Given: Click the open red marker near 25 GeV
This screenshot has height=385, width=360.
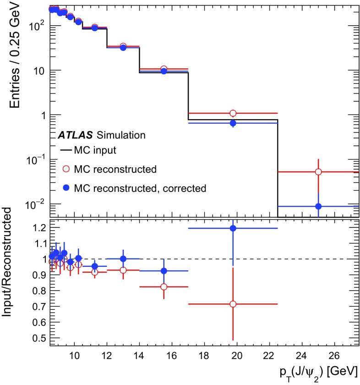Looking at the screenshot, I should tap(318, 172).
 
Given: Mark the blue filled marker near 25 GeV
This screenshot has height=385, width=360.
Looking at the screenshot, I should tap(318, 206).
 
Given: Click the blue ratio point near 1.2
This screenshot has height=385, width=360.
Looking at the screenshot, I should tap(233, 228).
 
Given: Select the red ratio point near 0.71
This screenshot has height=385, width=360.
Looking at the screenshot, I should tap(233, 304).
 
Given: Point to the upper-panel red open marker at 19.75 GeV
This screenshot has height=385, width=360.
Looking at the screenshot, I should tap(233, 113).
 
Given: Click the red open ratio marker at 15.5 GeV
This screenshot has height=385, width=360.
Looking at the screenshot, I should tap(164, 287).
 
